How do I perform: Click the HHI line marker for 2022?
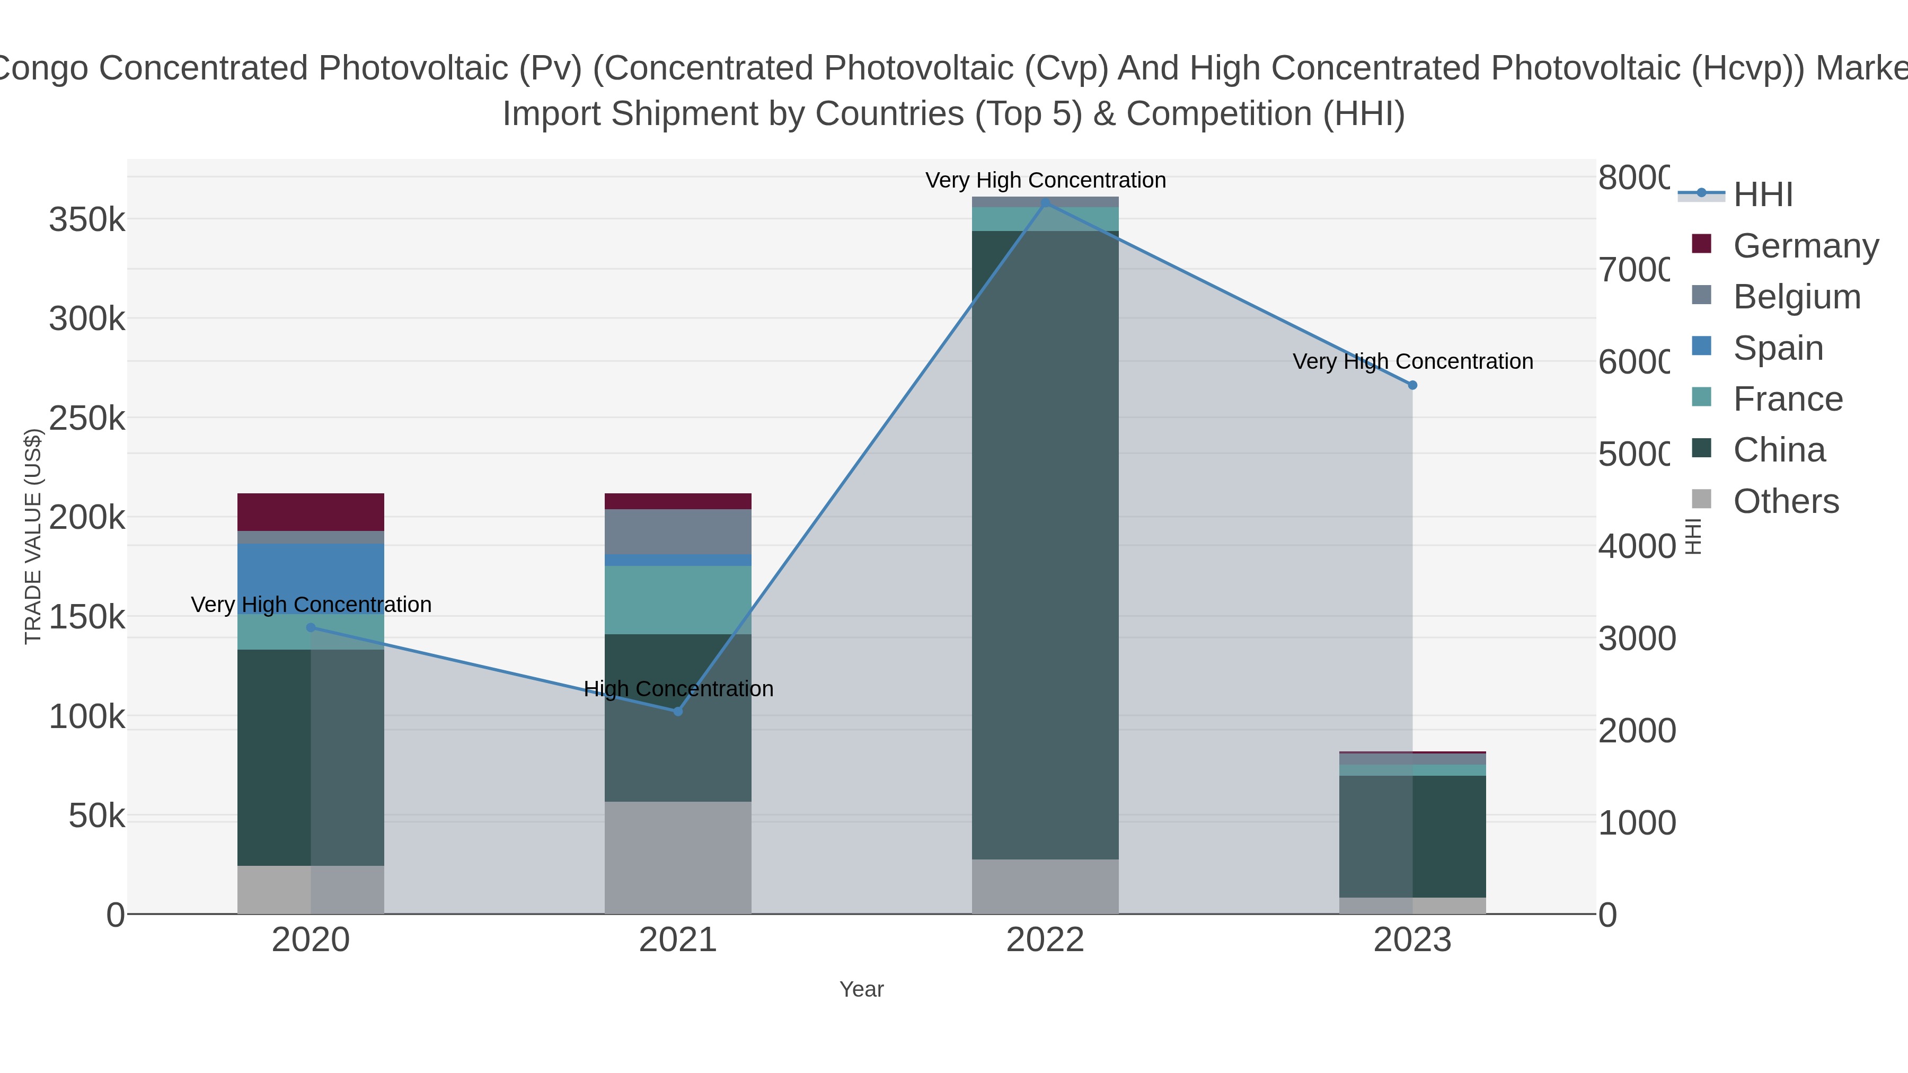1045,203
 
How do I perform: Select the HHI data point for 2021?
678,711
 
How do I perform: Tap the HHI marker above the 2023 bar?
1412,385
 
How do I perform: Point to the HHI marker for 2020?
311,627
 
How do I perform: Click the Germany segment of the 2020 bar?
311,512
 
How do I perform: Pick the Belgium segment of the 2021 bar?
678,531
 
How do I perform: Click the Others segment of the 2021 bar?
678,857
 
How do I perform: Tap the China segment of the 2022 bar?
1045,544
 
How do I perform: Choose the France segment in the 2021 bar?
678,600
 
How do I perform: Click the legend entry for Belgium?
1796,297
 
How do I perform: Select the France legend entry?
1787,399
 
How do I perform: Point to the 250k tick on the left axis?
87,419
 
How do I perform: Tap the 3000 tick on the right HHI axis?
1636,639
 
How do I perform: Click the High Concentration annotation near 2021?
678,689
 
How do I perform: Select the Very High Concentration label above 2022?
1045,180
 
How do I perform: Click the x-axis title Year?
861,989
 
